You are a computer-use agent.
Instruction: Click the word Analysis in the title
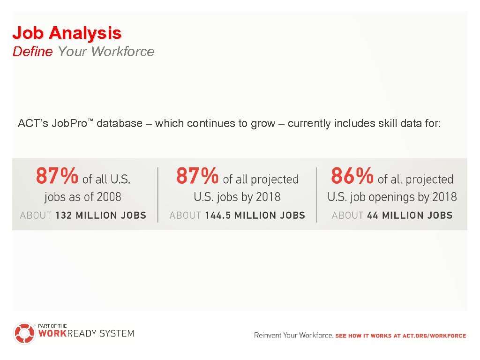(85, 33)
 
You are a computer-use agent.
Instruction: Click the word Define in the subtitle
(32, 52)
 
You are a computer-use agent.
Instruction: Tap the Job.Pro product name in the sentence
(69, 124)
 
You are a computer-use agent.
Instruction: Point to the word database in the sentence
(119, 124)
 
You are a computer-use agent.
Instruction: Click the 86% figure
(352, 176)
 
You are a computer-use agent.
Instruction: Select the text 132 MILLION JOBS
(101, 216)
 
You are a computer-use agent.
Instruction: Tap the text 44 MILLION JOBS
(410, 216)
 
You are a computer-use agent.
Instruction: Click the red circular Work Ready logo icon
(24, 333)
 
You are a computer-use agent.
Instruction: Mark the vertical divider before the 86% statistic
(317, 194)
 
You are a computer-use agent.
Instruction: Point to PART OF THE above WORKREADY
(52, 326)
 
